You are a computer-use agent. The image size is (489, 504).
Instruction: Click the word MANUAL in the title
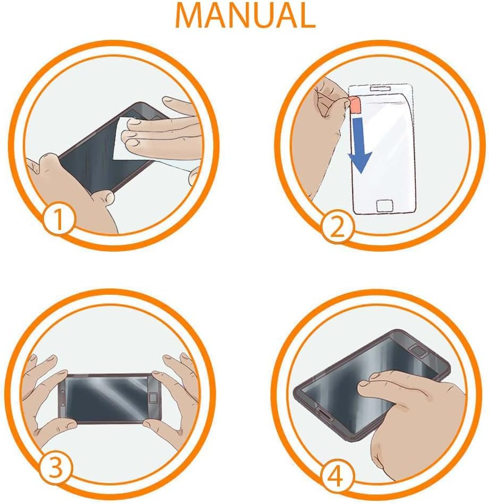245,15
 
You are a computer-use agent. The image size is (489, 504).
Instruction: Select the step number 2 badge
337,228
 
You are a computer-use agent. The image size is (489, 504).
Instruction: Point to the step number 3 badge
55,468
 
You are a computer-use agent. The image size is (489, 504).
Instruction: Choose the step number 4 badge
337,476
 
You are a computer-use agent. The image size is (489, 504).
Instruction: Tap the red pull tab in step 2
354,105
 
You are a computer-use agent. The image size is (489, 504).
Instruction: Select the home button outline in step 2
384,206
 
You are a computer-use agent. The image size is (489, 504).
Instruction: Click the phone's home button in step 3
153,398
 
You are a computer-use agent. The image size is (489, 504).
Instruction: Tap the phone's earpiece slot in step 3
63,398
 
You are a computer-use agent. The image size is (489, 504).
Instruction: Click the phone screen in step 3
107,398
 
